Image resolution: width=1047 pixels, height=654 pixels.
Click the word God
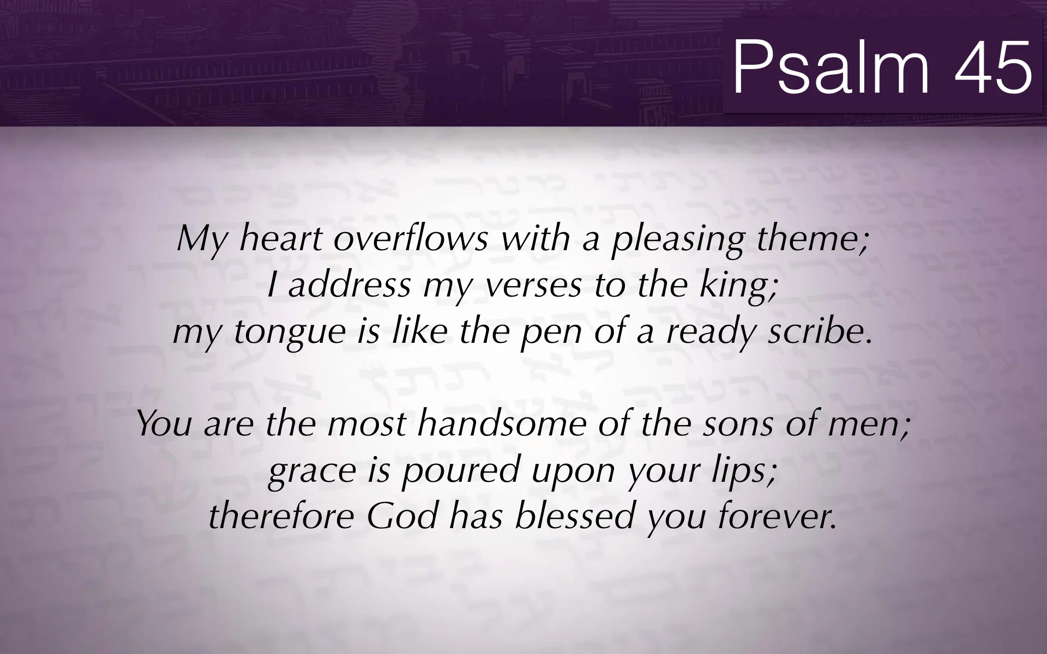click(x=402, y=517)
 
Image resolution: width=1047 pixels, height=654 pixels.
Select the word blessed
click(x=575, y=517)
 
